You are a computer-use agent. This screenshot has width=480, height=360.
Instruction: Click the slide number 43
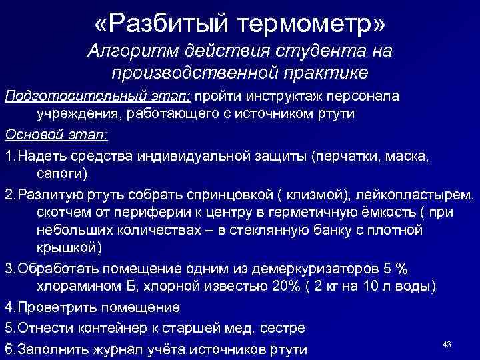(x=447, y=344)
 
